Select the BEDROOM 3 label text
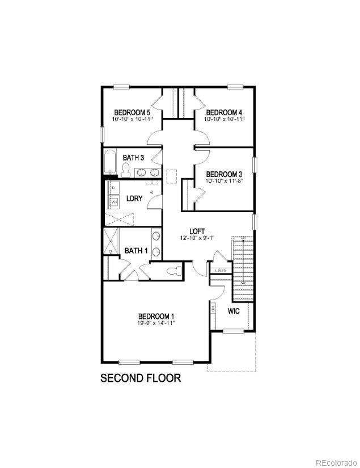pyautogui.click(x=224, y=174)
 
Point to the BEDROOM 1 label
pyautogui.click(x=156, y=316)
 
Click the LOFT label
pyautogui.click(x=197, y=231)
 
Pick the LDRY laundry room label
pyautogui.click(x=134, y=198)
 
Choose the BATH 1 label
pyautogui.click(x=136, y=251)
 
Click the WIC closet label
pyautogui.click(x=234, y=311)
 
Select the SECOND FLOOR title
pyautogui.click(x=141, y=378)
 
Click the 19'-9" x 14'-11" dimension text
pyautogui.click(x=156, y=323)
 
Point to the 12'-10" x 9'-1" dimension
pyautogui.click(x=197, y=238)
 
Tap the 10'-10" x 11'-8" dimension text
pyautogui.click(x=224, y=180)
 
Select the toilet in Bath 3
pyautogui.click(x=126, y=170)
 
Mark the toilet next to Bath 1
pyautogui.click(x=176, y=271)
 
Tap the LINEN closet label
pyautogui.click(x=220, y=270)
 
